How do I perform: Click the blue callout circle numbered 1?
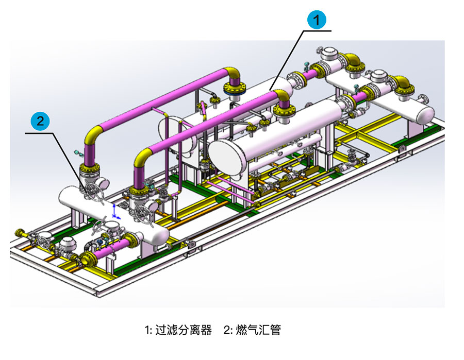pos(318,20)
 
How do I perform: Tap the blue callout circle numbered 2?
pos(40,122)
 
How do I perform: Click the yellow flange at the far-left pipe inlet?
pos(21,233)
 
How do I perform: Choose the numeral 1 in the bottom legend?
pos(147,330)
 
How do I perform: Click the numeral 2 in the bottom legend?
pos(226,330)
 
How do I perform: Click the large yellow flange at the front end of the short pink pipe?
pos(88,259)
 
